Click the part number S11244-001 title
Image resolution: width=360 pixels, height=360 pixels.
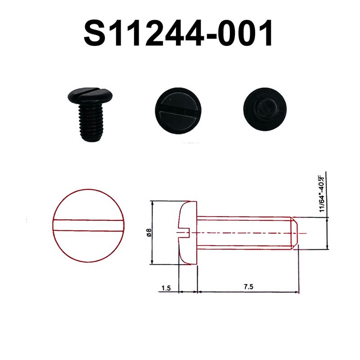[x=179, y=34]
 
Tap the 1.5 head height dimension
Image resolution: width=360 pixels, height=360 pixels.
[x=166, y=287]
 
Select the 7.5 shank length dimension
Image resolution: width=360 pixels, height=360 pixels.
[x=247, y=287]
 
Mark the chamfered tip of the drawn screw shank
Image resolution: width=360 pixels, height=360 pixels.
[x=295, y=233]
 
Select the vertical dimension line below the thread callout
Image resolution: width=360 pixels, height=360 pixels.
[x=327, y=233]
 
